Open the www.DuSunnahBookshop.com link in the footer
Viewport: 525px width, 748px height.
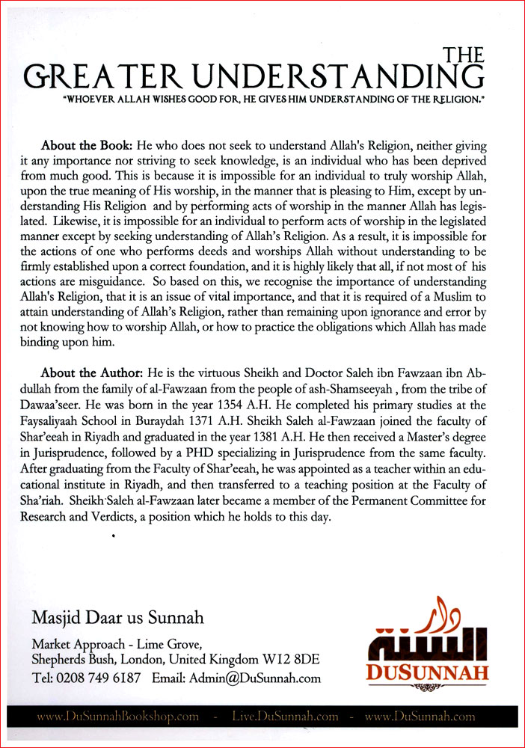(118, 717)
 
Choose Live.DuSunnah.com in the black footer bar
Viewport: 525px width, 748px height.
(282, 717)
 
